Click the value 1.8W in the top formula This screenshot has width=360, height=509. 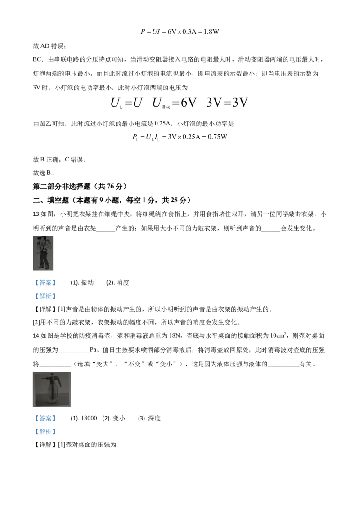pyautogui.click(x=211, y=31)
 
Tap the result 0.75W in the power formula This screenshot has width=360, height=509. pyautogui.click(x=217, y=137)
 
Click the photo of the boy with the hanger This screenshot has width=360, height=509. pyautogui.click(x=43, y=253)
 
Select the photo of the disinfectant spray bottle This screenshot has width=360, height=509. pyautogui.click(x=52, y=389)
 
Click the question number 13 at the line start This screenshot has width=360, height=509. pyautogui.click(x=37, y=214)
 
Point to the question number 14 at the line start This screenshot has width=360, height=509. pyautogui.click(x=37, y=335)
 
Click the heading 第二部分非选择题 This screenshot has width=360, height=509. pyautogui.click(x=62, y=186)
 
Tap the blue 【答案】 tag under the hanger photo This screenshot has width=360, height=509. pyautogui.click(x=45, y=283)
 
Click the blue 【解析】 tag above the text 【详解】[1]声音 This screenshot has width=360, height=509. pyautogui.click(x=45, y=296)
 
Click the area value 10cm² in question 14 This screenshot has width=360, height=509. pyautogui.click(x=278, y=335)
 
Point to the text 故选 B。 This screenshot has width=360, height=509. pyautogui.click(x=44, y=173)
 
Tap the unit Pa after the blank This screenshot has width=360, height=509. pyautogui.click(x=94, y=350)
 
